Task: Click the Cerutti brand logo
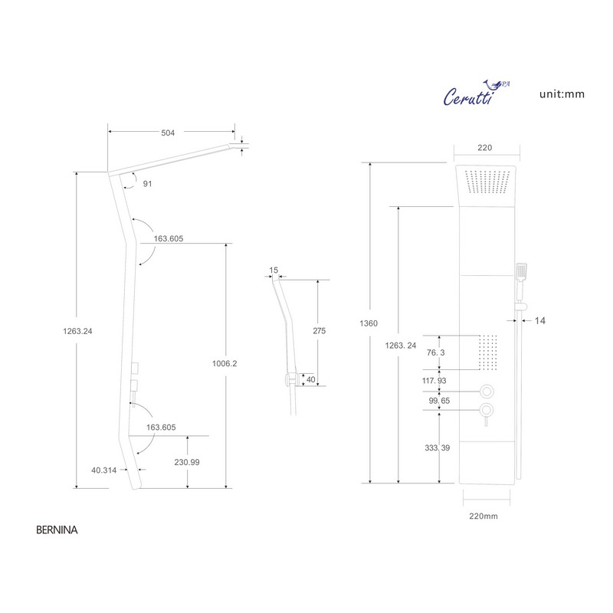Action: pyautogui.click(x=476, y=93)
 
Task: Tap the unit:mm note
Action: pyautogui.click(x=562, y=94)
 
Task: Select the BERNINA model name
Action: pyautogui.click(x=57, y=529)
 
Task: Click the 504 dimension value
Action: pyautogui.click(x=168, y=133)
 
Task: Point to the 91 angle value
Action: pyautogui.click(x=147, y=184)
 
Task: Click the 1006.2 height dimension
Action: pyautogui.click(x=225, y=363)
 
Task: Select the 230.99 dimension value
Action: pyautogui.click(x=187, y=462)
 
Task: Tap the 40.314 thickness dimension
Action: pyautogui.click(x=103, y=470)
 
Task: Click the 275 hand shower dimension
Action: pyautogui.click(x=319, y=331)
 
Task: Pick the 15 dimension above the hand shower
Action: pyautogui.click(x=274, y=270)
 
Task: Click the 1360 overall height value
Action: pyautogui.click(x=369, y=323)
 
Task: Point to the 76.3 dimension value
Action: pyautogui.click(x=435, y=352)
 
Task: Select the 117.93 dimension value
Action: pyautogui.click(x=434, y=380)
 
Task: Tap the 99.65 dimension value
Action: pyautogui.click(x=439, y=401)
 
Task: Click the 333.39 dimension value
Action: pyautogui.click(x=437, y=447)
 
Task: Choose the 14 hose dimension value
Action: pyautogui.click(x=540, y=320)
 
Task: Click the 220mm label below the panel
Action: pyautogui.click(x=484, y=516)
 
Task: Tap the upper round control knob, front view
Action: pyautogui.click(x=487, y=391)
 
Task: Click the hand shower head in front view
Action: pyautogui.click(x=522, y=272)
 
